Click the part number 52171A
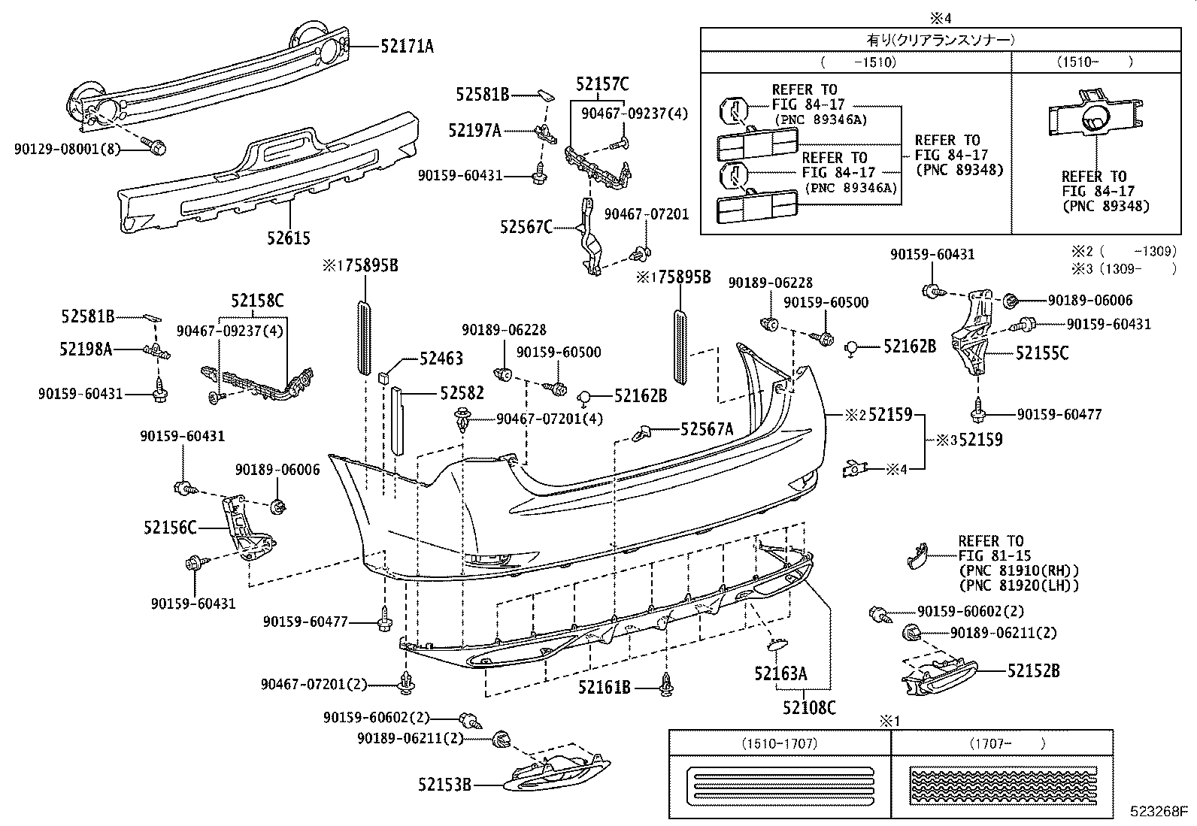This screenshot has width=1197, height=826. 406,47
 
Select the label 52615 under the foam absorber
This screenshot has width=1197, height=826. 288,238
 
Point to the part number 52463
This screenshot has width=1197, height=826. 441,359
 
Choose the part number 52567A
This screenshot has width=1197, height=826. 706,429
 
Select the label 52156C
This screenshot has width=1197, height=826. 170,528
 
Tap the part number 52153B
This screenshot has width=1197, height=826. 444,785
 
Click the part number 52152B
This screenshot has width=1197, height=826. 1033,670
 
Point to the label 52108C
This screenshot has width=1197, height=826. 808,707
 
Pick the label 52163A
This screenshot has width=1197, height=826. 780,673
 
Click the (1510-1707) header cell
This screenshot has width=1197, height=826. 779,743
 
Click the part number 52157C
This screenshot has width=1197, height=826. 602,84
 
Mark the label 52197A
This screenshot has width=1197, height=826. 474,131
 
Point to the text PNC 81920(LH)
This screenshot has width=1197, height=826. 1019,585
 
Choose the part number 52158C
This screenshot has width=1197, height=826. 257,301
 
